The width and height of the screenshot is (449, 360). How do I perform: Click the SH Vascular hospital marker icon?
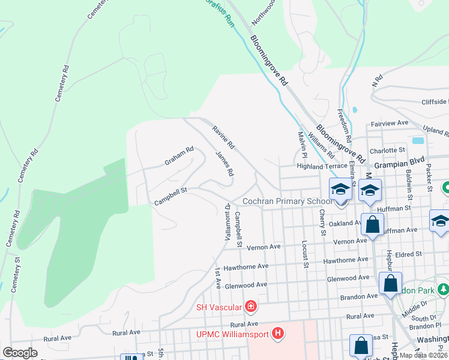tap(250, 308)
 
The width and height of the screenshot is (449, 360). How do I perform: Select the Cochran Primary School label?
tap(286, 201)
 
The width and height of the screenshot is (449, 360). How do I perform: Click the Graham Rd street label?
tap(179, 157)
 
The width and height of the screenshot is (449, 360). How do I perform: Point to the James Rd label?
tap(224, 163)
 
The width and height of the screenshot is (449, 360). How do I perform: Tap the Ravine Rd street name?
tap(223, 137)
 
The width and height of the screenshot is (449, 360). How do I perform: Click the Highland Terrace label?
tap(322, 166)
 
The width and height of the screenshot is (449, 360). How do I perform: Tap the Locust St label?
tap(305, 255)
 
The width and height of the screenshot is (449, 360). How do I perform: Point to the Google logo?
tap(20, 353)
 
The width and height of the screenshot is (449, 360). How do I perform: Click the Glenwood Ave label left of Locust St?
tap(245, 284)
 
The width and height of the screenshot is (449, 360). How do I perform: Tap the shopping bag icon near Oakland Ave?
tap(372, 226)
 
